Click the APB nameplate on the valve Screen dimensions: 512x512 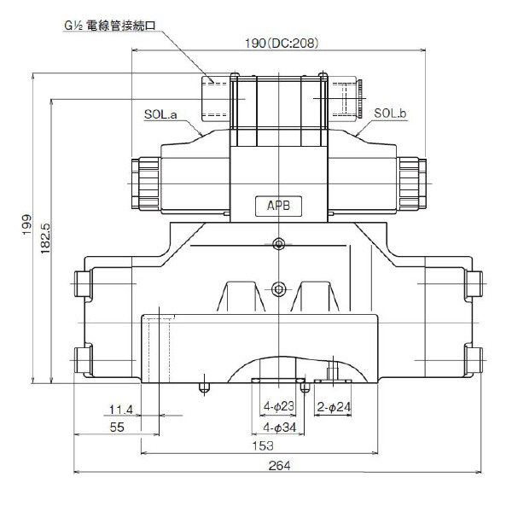279,207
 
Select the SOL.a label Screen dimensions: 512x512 160,113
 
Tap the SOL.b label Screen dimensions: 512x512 391,113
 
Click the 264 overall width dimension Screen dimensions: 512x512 279,465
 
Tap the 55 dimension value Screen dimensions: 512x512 118,426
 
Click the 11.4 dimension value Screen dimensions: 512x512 121,407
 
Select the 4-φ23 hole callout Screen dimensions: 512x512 279,407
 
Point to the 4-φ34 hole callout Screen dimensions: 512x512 279,426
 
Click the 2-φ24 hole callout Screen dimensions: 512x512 335,407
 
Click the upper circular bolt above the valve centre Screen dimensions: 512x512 278,245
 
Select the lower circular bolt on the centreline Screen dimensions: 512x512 278,286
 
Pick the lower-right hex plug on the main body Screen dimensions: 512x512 475,357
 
